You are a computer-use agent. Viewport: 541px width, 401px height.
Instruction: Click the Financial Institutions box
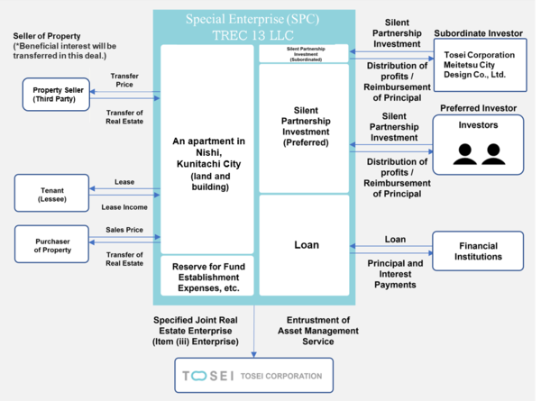[477, 251]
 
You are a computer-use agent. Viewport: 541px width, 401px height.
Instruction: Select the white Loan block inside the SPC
[304, 245]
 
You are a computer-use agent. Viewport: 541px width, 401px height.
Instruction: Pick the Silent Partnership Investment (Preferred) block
[304, 128]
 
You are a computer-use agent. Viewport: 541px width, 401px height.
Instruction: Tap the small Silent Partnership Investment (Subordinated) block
[304, 53]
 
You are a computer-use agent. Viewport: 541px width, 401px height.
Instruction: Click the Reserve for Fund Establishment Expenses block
[207, 277]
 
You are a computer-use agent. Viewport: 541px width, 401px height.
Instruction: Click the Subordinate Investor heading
[477, 32]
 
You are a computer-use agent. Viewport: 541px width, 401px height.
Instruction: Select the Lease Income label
[124, 207]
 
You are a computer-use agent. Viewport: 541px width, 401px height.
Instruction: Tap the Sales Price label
[124, 230]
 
